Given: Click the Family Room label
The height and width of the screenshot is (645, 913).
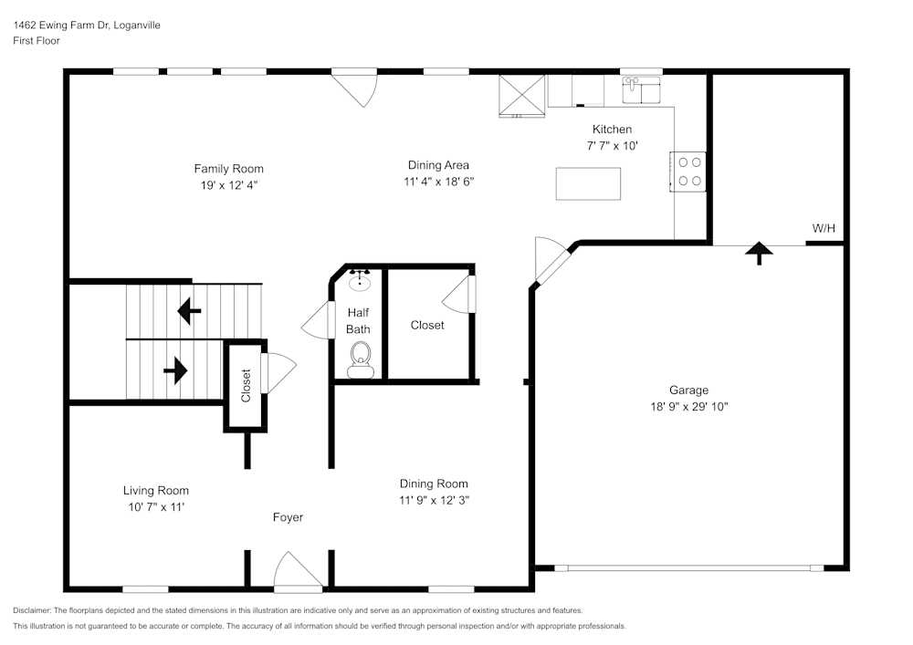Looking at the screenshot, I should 228,169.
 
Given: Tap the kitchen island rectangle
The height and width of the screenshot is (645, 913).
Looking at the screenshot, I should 588,183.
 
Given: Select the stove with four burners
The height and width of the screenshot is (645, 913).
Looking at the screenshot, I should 689,171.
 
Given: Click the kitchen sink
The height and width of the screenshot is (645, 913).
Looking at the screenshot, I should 641,90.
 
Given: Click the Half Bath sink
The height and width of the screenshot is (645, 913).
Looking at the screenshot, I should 361,279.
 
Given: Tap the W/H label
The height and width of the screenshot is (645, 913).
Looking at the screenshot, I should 824,228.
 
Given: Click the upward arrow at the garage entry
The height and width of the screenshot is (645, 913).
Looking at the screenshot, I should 758,252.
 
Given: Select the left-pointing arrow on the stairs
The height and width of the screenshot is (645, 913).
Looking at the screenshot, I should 189,312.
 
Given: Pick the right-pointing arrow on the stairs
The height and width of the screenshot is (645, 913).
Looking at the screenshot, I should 175,370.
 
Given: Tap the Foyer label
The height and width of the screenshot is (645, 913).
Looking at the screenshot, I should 288,517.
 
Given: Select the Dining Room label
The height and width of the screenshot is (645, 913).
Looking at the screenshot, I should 434,484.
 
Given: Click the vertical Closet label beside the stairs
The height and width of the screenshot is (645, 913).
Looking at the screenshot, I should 246,385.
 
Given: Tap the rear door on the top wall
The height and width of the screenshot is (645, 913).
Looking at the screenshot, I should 354,87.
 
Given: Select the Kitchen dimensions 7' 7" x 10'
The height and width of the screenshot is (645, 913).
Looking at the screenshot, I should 612,146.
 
